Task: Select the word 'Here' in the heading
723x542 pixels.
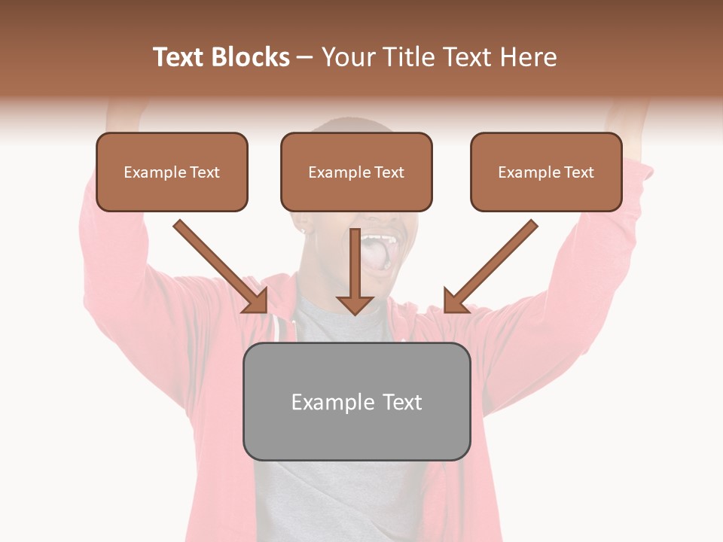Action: (x=529, y=57)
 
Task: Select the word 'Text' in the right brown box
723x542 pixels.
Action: (x=579, y=172)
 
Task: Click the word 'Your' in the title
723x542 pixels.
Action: (x=344, y=57)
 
